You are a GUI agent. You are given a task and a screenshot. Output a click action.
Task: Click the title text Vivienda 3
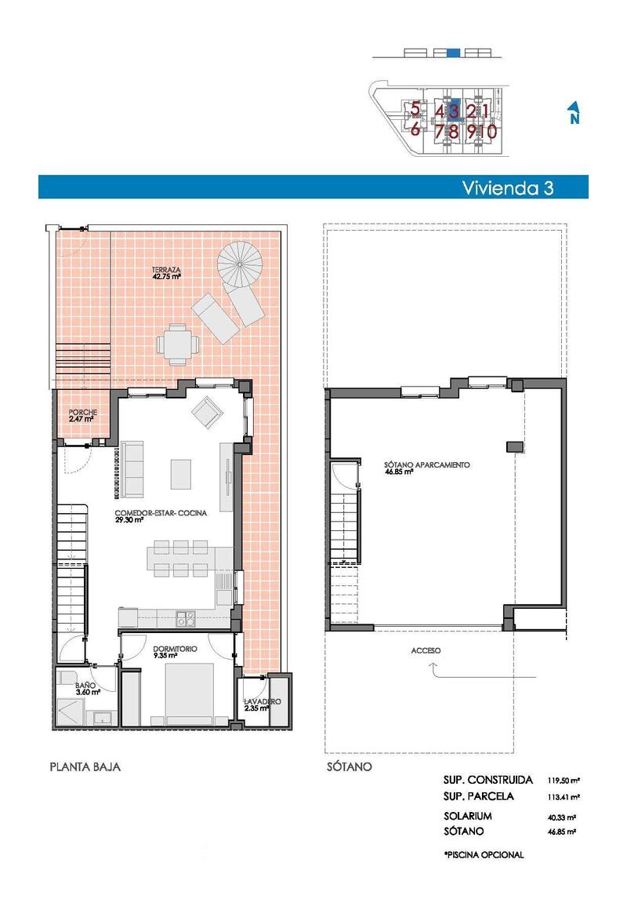(x=508, y=187)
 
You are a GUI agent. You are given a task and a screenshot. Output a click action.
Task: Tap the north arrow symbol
(x=574, y=113)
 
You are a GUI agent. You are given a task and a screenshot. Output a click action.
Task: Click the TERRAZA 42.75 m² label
(x=167, y=272)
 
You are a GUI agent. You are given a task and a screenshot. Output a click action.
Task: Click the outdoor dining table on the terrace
(x=177, y=344)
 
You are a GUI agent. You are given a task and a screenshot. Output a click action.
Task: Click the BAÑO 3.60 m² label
(x=87, y=688)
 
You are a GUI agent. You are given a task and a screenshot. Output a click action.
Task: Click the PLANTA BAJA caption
(x=85, y=766)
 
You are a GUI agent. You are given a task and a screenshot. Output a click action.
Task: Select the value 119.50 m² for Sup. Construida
(x=564, y=781)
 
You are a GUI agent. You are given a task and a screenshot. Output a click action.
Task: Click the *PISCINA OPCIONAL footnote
(x=483, y=854)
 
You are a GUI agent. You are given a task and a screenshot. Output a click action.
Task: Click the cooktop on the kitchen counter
(x=186, y=618)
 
